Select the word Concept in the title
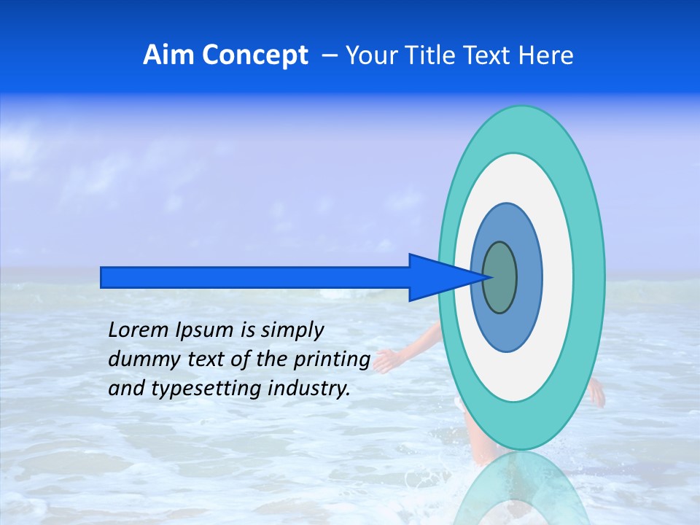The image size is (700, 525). (254, 55)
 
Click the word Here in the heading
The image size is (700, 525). (547, 55)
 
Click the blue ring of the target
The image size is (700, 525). (529, 277)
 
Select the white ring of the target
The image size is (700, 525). (558, 277)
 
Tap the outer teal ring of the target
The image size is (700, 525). (589, 277)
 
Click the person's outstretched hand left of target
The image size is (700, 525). (385, 360)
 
